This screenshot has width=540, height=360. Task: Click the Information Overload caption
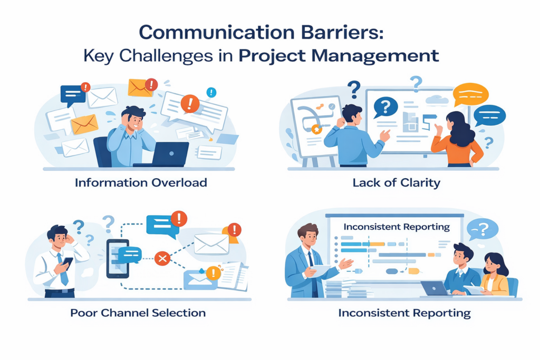(141, 183)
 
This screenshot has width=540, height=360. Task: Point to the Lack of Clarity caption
(396, 183)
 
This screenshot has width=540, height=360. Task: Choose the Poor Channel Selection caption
(138, 313)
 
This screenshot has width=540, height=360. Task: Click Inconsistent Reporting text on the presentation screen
(396, 227)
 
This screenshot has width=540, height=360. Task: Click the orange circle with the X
(162, 258)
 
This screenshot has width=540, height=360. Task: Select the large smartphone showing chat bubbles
(118, 258)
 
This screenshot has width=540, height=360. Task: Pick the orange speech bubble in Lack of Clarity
(470, 95)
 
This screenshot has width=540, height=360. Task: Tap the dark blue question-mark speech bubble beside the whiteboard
(385, 108)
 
